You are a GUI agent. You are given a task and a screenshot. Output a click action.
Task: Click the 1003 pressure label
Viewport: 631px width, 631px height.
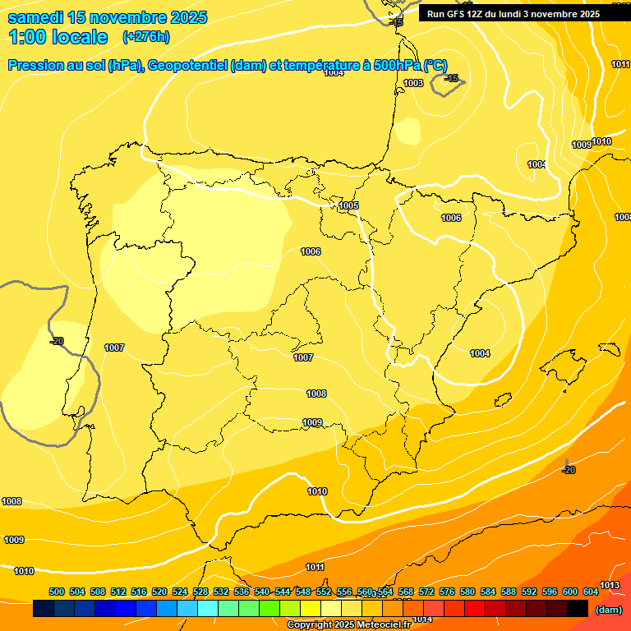click(413, 83)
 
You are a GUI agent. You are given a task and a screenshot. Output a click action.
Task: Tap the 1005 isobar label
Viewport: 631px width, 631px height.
click(348, 205)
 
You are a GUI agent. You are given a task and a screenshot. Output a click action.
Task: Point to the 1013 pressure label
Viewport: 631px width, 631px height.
click(610, 585)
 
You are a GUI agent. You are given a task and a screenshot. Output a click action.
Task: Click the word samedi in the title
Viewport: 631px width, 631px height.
click(37, 17)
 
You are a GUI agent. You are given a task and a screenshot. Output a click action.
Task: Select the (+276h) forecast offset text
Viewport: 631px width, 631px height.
click(146, 36)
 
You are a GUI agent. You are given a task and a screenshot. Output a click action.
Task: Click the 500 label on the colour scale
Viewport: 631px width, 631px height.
click(57, 592)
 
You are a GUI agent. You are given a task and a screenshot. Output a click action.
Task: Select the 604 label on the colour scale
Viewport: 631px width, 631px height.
click(591, 592)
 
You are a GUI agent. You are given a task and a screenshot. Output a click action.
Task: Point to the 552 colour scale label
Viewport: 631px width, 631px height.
click(324, 592)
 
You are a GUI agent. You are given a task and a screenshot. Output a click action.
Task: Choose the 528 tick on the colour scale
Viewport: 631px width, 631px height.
click(200, 592)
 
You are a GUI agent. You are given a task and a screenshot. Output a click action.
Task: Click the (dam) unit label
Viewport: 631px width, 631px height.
click(608, 610)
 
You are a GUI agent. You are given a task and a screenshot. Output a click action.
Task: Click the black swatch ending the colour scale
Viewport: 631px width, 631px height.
click(578, 609)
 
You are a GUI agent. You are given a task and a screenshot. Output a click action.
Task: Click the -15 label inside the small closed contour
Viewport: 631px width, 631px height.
click(451, 78)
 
